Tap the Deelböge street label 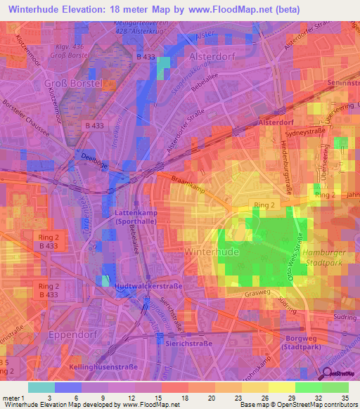click(85, 157)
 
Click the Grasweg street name click(258, 293)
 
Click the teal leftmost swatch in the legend click(41, 387)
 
